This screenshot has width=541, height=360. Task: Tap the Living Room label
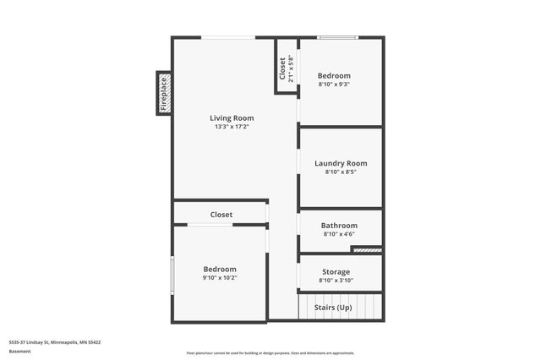[x=232, y=118]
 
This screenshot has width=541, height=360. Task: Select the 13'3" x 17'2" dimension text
[x=232, y=127]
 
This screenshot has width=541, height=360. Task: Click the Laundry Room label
[x=341, y=163]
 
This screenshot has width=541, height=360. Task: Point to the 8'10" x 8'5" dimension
[x=341, y=172]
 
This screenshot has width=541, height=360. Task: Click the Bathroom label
[x=340, y=226]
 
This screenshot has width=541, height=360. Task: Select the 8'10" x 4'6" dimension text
[x=340, y=234]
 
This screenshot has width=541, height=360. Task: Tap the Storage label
[x=335, y=272]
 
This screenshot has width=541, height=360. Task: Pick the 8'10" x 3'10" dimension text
[x=336, y=281]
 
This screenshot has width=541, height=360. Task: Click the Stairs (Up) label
[x=333, y=308]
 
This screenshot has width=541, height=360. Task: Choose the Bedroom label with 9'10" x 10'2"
[x=220, y=269]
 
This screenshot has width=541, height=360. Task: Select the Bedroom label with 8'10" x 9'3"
[x=334, y=75]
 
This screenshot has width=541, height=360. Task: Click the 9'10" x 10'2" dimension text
[x=220, y=277]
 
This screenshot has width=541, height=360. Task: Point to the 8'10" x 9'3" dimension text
[x=334, y=84]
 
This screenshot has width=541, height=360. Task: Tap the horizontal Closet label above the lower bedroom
[x=221, y=215]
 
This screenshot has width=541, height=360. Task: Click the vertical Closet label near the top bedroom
[x=282, y=68]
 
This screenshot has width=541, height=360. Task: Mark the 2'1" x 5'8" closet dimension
[x=291, y=68]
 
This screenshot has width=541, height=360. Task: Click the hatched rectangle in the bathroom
[x=367, y=249]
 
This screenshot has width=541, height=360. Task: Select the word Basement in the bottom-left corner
[x=19, y=351]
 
